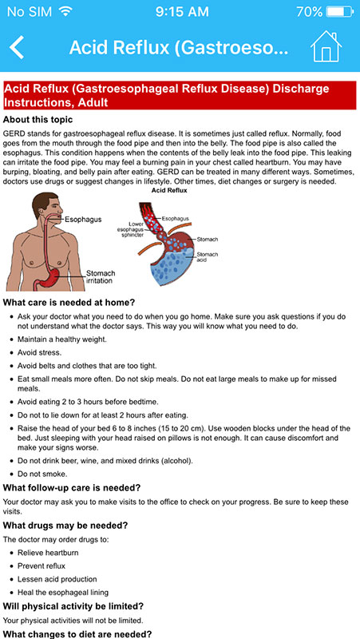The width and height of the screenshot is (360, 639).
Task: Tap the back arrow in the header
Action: coord(17,47)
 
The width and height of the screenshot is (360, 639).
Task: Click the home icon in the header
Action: coord(326,47)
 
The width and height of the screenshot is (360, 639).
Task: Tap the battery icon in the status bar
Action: coord(340,11)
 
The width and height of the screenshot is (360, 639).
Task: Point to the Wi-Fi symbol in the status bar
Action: coord(65,11)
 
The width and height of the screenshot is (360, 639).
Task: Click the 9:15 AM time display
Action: coord(182,11)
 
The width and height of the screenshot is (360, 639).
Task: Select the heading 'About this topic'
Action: coord(38,120)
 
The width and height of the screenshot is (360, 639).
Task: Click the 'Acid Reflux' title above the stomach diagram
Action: coord(169,190)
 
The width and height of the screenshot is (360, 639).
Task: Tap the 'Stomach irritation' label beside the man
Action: coord(101,276)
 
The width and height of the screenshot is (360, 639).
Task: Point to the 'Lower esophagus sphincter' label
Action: coord(130,229)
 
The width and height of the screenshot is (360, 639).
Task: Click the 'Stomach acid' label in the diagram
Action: coord(208,256)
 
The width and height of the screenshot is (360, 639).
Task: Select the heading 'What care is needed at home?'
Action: coord(69,303)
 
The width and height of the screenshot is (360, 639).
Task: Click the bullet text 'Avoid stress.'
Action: coord(39,352)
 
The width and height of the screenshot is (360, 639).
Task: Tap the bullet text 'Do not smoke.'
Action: coord(42,474)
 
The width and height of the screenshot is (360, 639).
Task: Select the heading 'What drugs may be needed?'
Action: coord(65,526)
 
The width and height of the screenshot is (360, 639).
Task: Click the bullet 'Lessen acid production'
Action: coord(57,579)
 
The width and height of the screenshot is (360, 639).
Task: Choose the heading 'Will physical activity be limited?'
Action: coord(73,606)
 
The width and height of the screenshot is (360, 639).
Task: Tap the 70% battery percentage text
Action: coord(309,11)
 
